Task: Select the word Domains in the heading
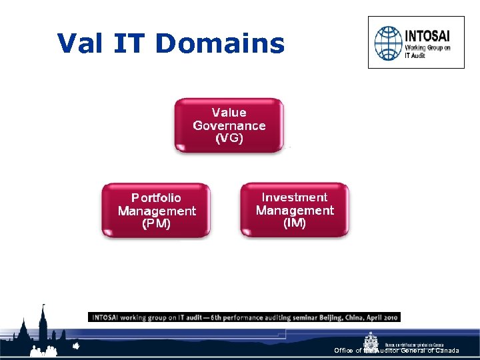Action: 220,44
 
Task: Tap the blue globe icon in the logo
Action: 388,43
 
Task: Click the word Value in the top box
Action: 229,113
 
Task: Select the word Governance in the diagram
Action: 229,125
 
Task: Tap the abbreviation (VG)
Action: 229,138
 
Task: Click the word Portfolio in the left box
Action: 156,198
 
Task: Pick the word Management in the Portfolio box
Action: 157,211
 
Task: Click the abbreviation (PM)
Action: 156,223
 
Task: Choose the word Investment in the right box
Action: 294,197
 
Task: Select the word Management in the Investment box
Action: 294,210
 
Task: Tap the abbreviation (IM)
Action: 294,223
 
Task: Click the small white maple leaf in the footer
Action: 76,346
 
